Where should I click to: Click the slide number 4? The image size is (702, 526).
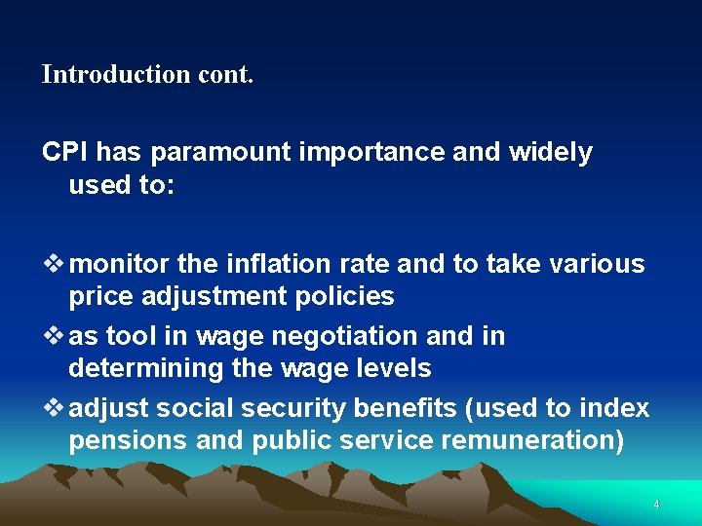(656, 505)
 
